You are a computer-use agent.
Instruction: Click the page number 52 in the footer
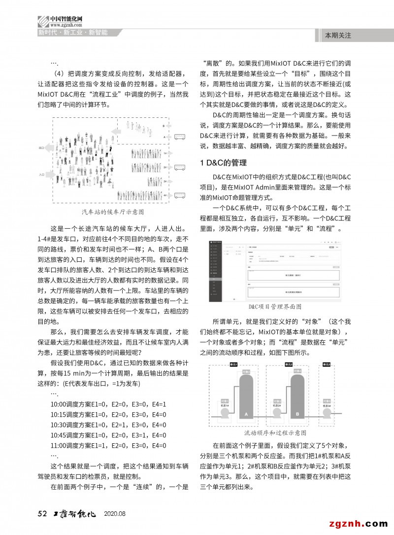coord(42,514)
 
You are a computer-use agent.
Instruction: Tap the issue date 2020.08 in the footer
coord(115,514)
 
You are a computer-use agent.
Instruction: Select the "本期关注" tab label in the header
coord(338,36)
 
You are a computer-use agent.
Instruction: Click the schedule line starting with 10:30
coord(108,425)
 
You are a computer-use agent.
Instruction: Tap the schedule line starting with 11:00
coord(108,445)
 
